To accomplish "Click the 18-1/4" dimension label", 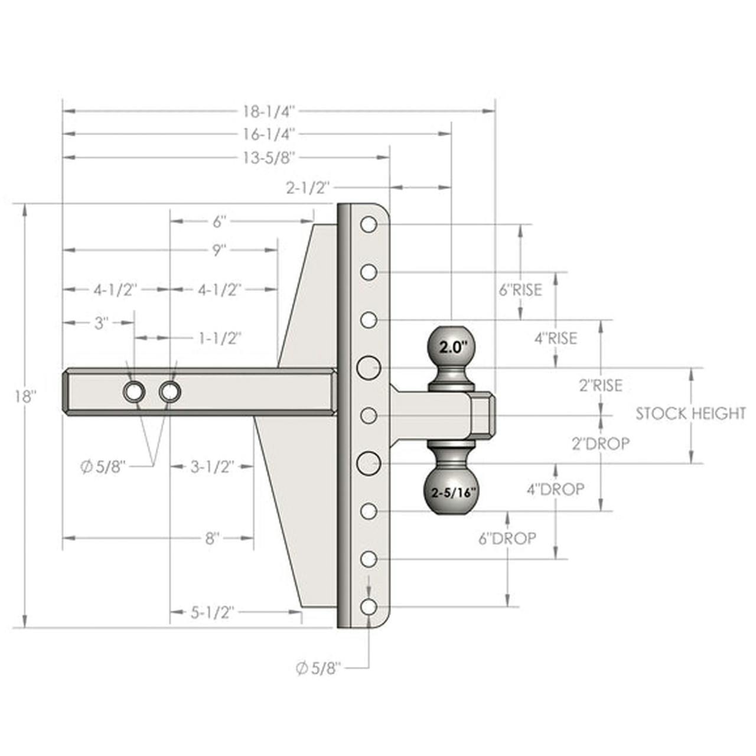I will click(x=268, y=110).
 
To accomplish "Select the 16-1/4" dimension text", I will click(x=268, y=134).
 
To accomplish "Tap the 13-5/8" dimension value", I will click(x=268, y=158).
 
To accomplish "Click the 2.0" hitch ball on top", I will click(x=452, y=346).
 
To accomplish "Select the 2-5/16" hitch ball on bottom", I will click(x=452, y=491).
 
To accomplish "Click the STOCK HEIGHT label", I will click(x=690, y=413).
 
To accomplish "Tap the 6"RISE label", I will click(x=520, y=290).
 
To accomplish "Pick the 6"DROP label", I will click(x=507, y=538).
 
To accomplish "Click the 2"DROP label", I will click(x=600, y=443).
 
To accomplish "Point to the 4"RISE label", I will click(x=555, y=338).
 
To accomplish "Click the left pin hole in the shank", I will click(x=134, y=391).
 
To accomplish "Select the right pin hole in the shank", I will click(x=170, y=391).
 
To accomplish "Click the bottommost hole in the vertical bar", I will click(x=369, y=606).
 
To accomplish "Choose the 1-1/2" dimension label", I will click(x=219, y=338).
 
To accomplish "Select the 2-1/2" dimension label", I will click(x=307, y=188).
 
